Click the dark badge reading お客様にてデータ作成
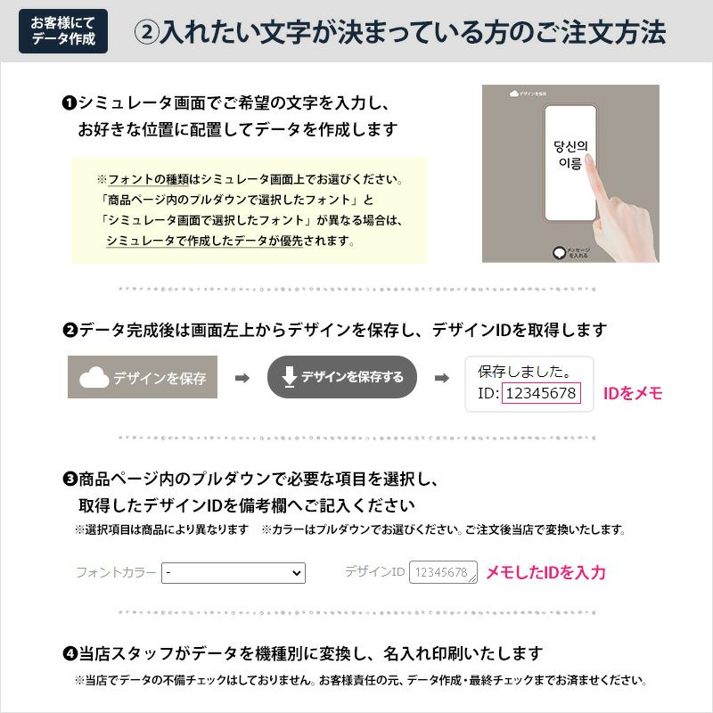coord(62,31)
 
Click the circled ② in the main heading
coord(146,32)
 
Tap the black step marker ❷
coord(69,331)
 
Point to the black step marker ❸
coord(69,479)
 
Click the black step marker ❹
coord(69,654)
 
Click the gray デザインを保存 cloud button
coord(143,378)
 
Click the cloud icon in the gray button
coord(94,378)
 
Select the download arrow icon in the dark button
coord(289,377)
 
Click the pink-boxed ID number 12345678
coord(541,393)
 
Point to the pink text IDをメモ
coord(633,393)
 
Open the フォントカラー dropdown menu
coord(234,572)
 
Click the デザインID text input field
coord(443,572)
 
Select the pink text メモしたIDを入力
coord(545,572)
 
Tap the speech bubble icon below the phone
coord(559,253)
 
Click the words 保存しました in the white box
coord(524,371)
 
